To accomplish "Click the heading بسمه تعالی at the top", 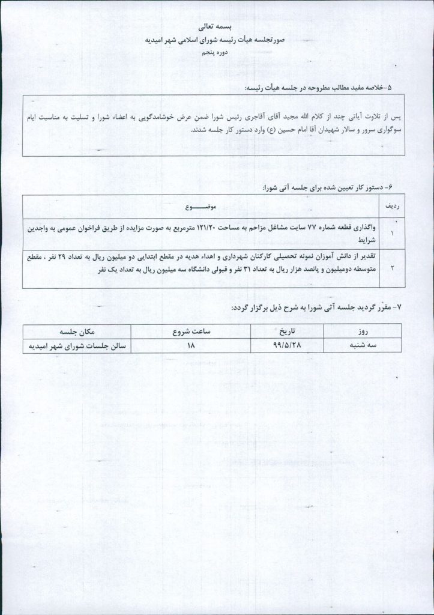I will pyautogui.click(x=217, y=28).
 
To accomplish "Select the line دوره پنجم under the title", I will pyautogui.click(x=217, y=53).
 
